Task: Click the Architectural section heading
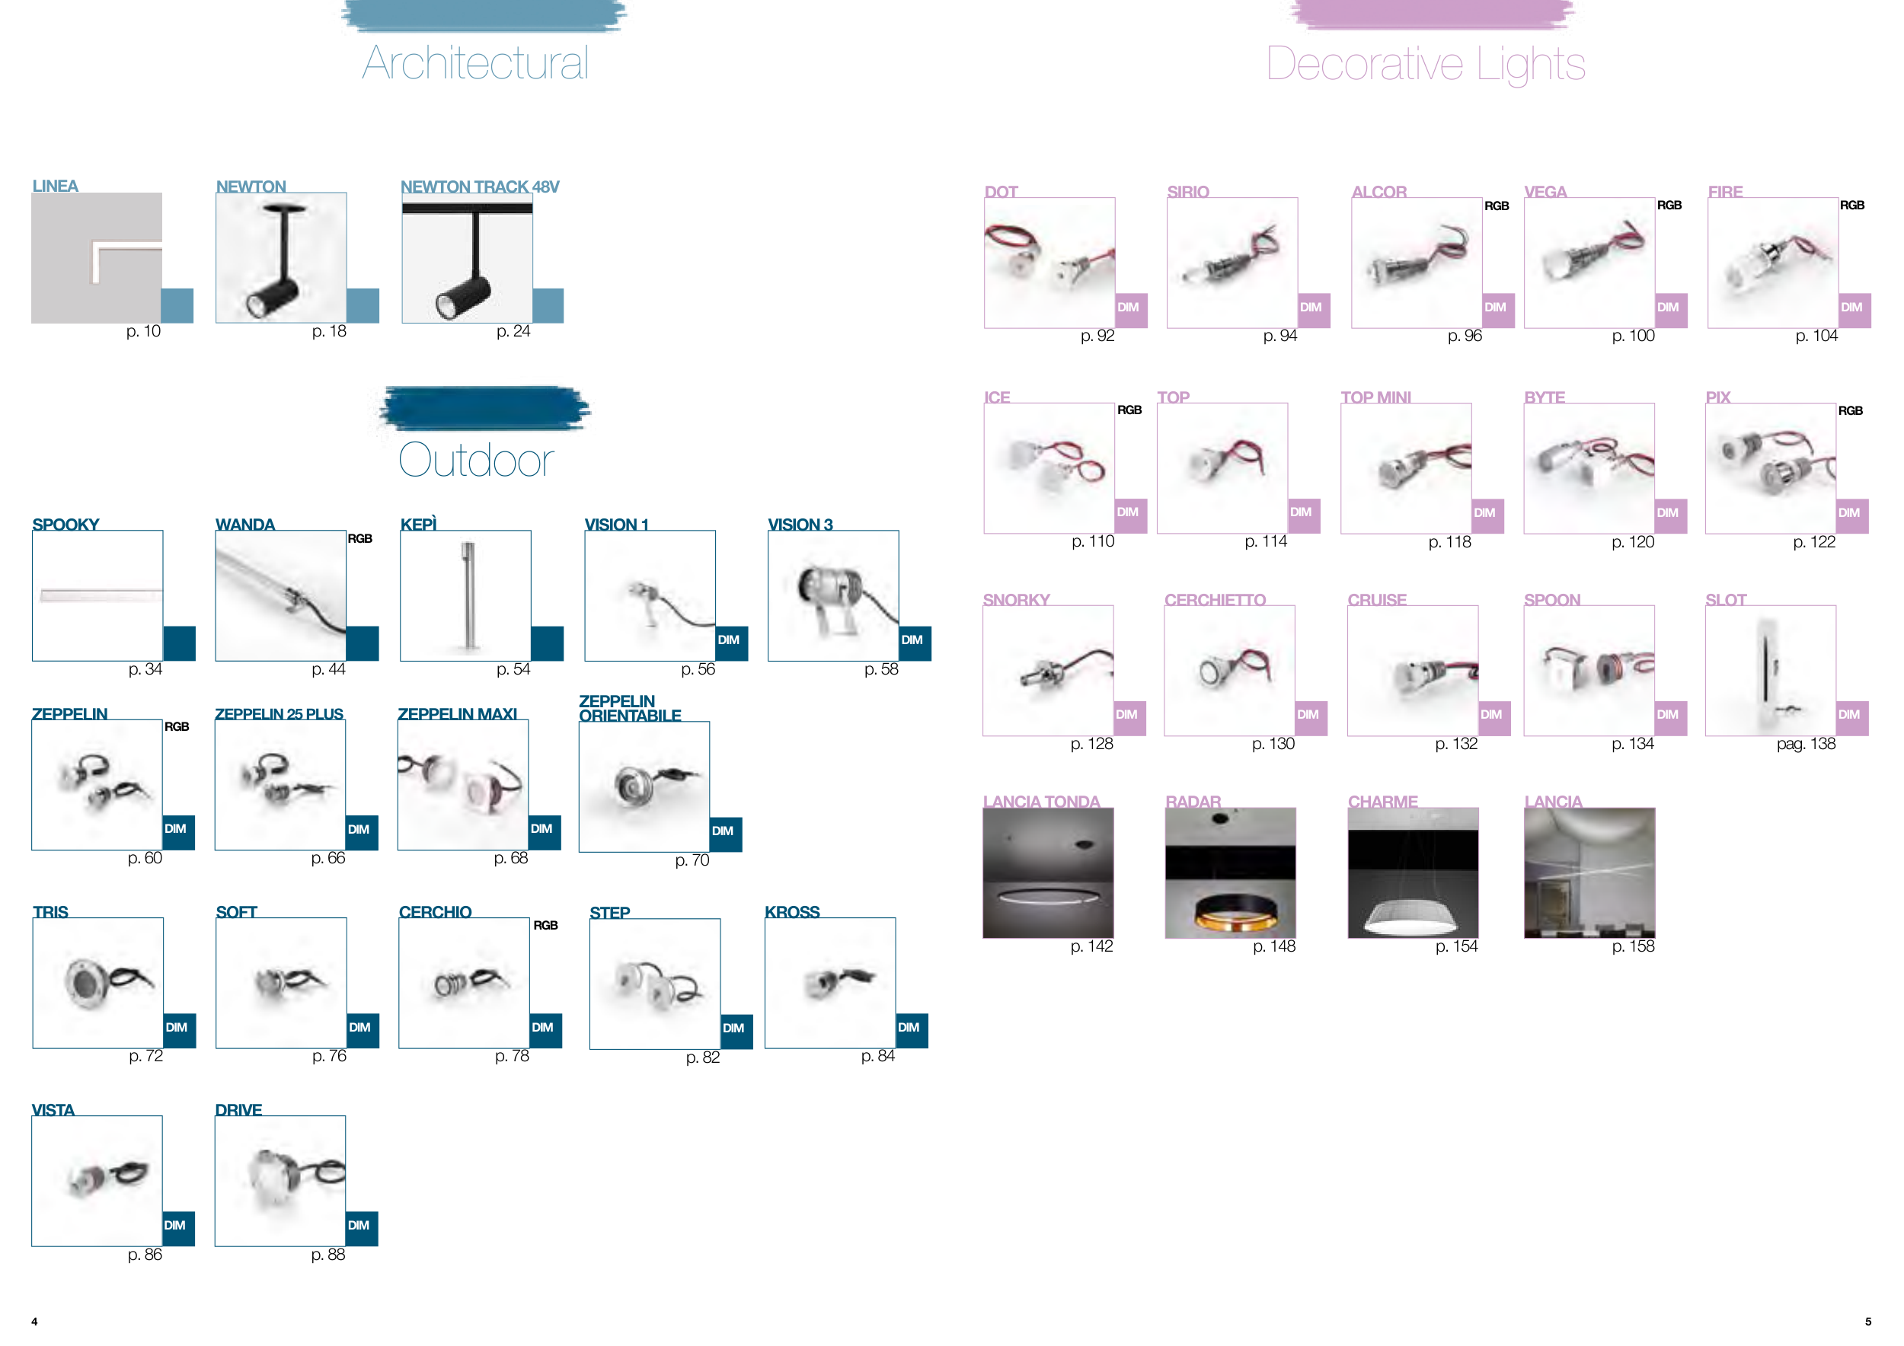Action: click(x=475, y=63)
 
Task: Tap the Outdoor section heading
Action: click(x=476, y=460)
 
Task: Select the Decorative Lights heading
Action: click(x=1426, y=64)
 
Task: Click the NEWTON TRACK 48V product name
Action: click(x=479, y=187)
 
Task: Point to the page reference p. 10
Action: click(x=143, y=331)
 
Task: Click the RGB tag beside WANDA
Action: click(x=360, y=539)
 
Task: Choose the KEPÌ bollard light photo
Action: click(x=465, y=595)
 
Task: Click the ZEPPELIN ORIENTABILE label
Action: click(x=629, y=709)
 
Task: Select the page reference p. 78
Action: click(x=512, y=1056)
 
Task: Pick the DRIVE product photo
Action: click(x=280, y=1180)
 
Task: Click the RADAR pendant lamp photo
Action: click(x=1231, y=872)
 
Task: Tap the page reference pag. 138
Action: click(x=1807, y=745)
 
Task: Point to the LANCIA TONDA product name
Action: click(x=1042, y=802)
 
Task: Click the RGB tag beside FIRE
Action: click(x=1852, y=206)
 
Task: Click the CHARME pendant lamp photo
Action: click(x=1413, y=872)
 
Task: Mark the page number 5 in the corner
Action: click(x=1868, y=1322)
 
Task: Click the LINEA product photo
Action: click(x=97, y=258)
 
